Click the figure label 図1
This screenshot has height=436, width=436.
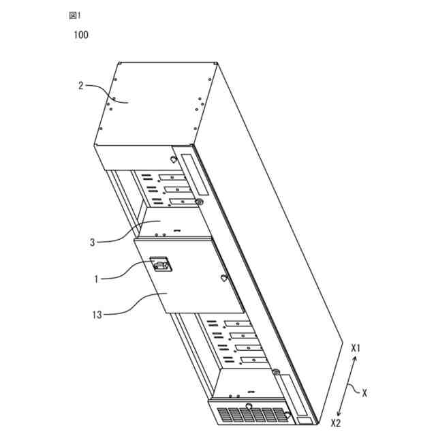pyautogui.click(x=74, y=14)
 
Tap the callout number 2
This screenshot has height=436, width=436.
pyautogui.click(x=80, y=86)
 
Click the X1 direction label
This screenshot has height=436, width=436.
pyautogui.click(x=356, y=348)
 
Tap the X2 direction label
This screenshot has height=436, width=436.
pyautogui.click(x=335, y=422)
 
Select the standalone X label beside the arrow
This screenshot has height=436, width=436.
pyautogui.click(x=366, y=393)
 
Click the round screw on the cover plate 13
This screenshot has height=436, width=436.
pyautogui.click(x=223, y=278)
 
